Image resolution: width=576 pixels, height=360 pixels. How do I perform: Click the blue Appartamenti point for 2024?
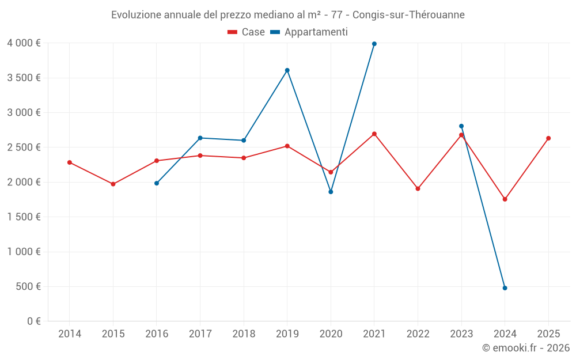[x=505, y=288]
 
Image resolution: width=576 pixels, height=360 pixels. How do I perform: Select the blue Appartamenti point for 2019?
[x=287, y=70]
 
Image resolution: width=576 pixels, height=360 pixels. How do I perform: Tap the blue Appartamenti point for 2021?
[x=374, y=44]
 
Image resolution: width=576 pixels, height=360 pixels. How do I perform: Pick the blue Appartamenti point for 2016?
[x=157, y=183]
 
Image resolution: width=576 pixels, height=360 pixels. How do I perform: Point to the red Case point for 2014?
[x=70, y=162]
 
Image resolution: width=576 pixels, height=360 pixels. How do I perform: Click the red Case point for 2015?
[x=113, y=184]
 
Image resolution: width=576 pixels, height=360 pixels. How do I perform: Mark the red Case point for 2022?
[x=418, y=188]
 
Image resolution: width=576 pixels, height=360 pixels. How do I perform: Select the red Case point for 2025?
[x=548, y=138]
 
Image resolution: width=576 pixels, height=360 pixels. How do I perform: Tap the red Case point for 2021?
[x=374, y=134]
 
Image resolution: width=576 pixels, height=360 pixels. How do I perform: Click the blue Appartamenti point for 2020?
[x=331, y=192]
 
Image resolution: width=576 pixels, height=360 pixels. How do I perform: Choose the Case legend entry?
[x=247, y=32]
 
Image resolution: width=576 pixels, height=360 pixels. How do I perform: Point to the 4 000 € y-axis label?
[x=24, y=43]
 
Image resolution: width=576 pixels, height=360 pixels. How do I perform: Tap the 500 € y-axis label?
[x=28, y=286]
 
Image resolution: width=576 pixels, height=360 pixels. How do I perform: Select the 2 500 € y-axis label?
[x=24, y=147]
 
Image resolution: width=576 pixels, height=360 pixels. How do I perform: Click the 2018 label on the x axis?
[x=244, y=334]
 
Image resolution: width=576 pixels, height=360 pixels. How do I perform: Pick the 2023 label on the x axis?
[x=461, y=334]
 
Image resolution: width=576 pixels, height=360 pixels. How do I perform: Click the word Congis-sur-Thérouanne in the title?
[x=408, y=15]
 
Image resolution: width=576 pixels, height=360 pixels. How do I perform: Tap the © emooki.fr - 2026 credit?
[x=525, y=348]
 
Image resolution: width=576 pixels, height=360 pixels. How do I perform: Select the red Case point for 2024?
[x=505, y=199]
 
